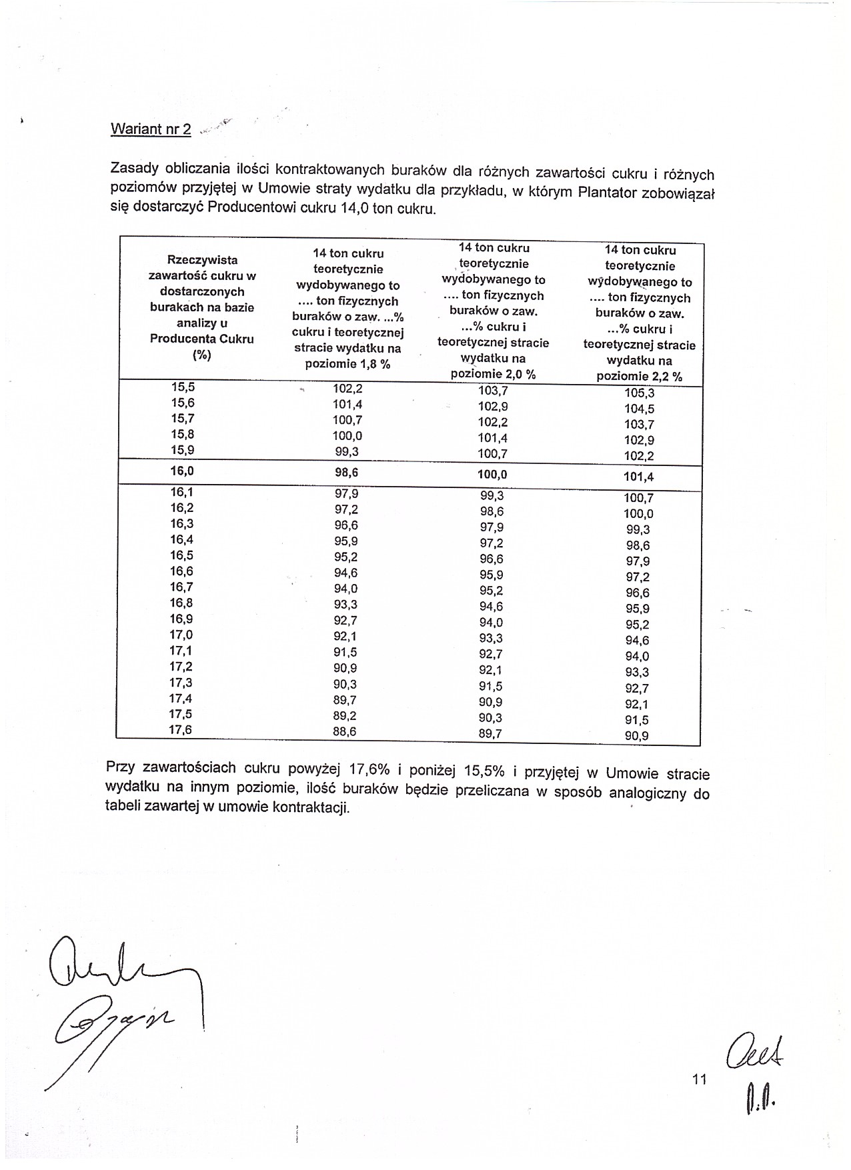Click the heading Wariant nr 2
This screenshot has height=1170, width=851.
[151, 129]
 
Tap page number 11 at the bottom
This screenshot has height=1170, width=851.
[699, 1079]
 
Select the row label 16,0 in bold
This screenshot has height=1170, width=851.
[182, 471]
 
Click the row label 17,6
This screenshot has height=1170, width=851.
[180, 730]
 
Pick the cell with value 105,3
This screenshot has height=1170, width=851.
[640, 393]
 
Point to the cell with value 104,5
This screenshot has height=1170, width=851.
[640, 409]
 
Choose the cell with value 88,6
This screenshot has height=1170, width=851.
[345, 731]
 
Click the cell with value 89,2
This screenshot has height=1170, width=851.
[345, 715]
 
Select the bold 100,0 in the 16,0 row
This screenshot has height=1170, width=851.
[492, 475]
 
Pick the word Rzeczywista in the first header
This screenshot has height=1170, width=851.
[202, 260]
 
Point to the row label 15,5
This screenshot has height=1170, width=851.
[183, 387]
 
